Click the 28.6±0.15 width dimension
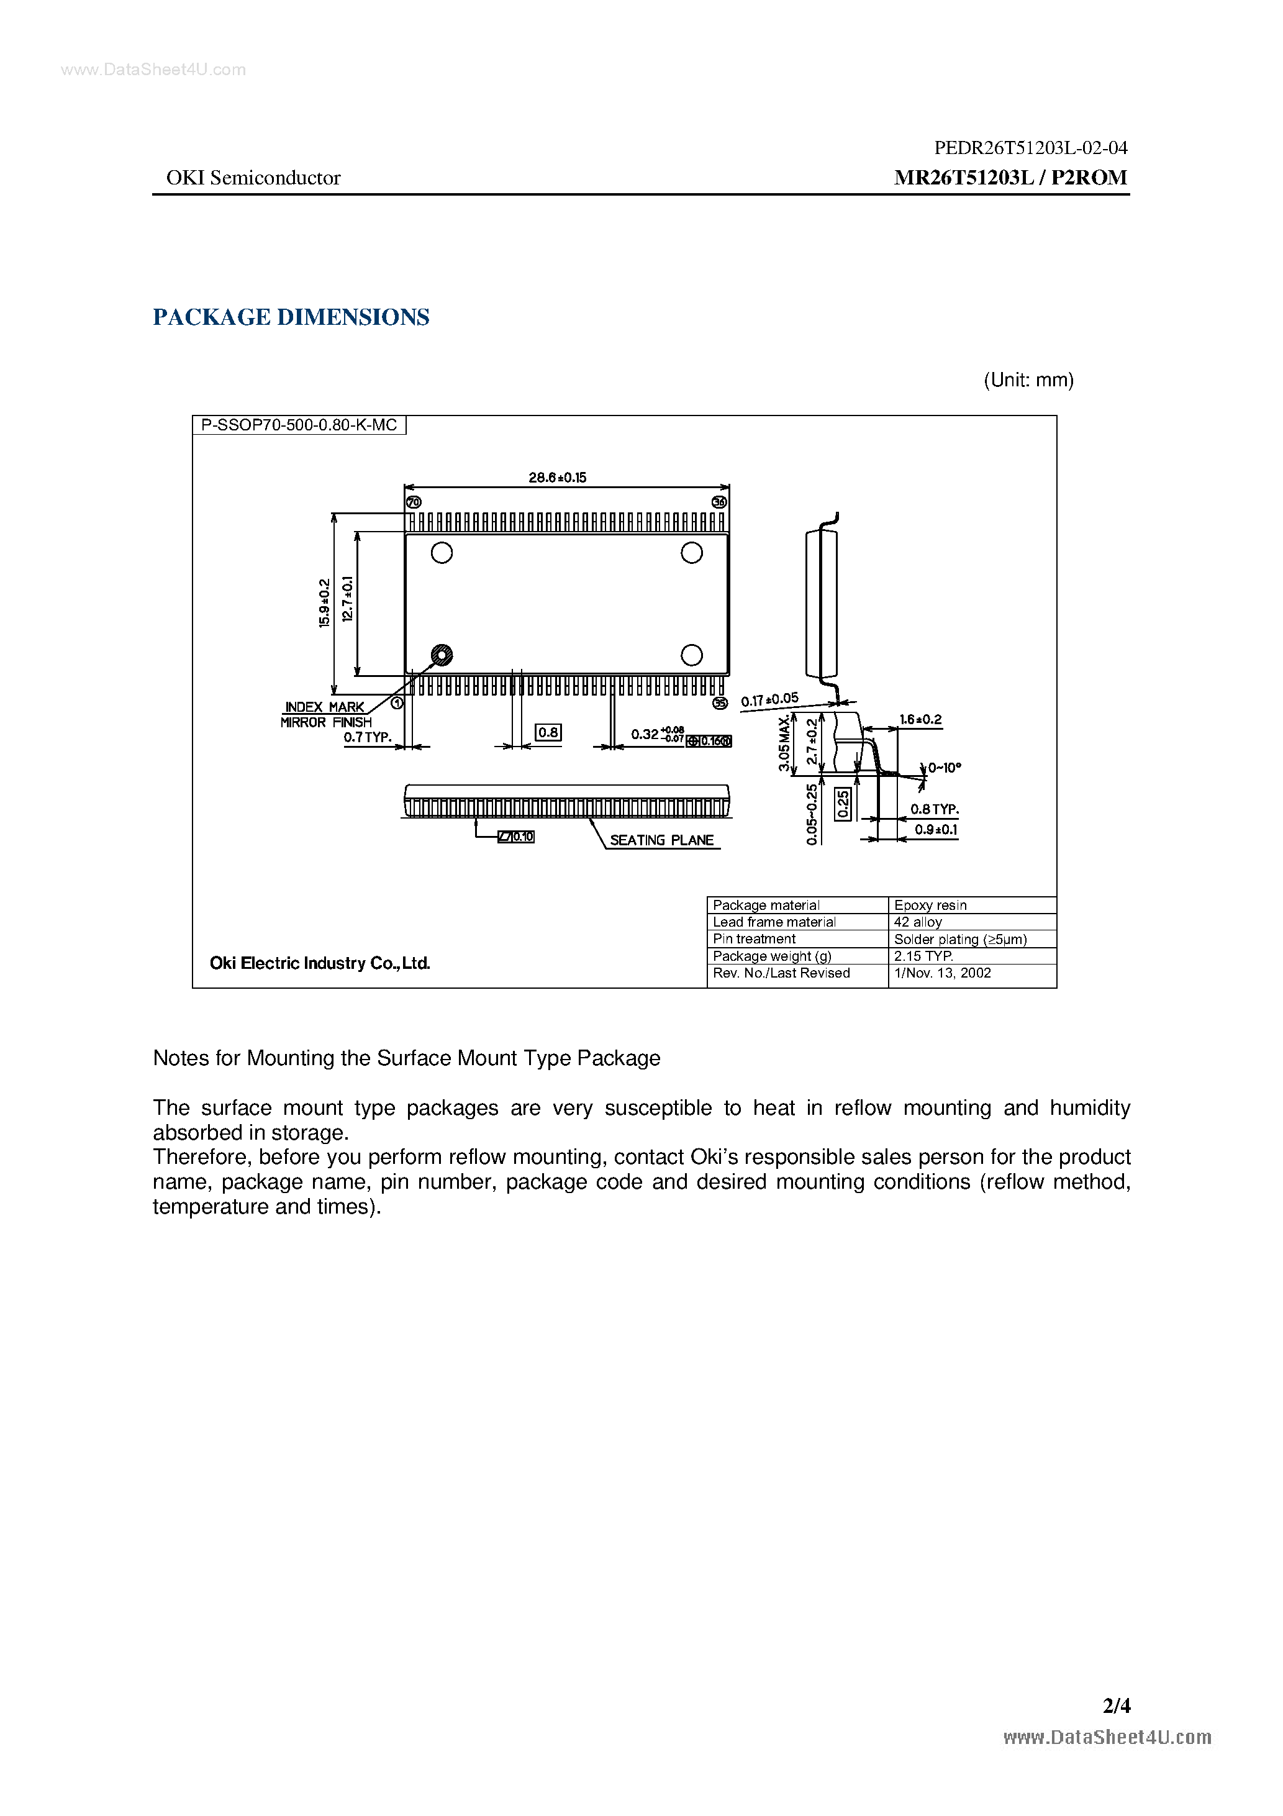[557, 478]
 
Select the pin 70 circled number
[414, 502]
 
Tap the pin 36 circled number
[719, 502]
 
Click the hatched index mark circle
[442, 655]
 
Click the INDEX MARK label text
[324, 706]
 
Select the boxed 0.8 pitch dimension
[548, 732]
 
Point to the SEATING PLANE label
[661, 840]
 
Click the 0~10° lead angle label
[945, 767]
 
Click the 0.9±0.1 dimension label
[936, 830]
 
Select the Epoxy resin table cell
[930, 905]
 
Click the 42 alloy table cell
[918, 922]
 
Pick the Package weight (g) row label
[772, 956]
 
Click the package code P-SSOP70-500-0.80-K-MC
[299, 425]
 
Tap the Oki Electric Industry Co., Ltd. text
[320, 963]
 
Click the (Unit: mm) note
[1028, 381]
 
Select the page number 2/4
[1116, 1705]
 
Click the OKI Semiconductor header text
[253, 178]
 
